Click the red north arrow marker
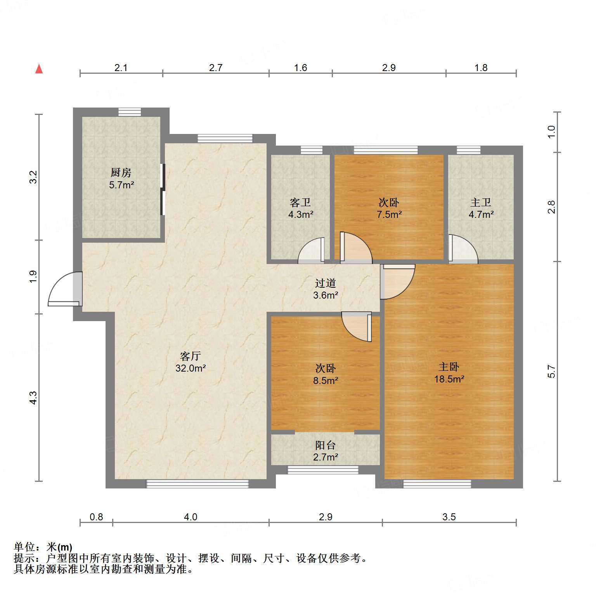39,69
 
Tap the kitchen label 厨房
121,172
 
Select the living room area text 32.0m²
190,368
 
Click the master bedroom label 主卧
449,367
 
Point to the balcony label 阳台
325,445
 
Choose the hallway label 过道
325,283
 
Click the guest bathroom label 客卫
300,202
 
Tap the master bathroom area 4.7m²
481,214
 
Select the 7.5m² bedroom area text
389,214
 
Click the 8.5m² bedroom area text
326,381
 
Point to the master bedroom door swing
397,281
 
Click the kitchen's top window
130,112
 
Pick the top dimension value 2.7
216,68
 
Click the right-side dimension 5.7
551,372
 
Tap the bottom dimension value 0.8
96,517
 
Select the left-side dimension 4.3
33,398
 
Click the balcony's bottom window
323,470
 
